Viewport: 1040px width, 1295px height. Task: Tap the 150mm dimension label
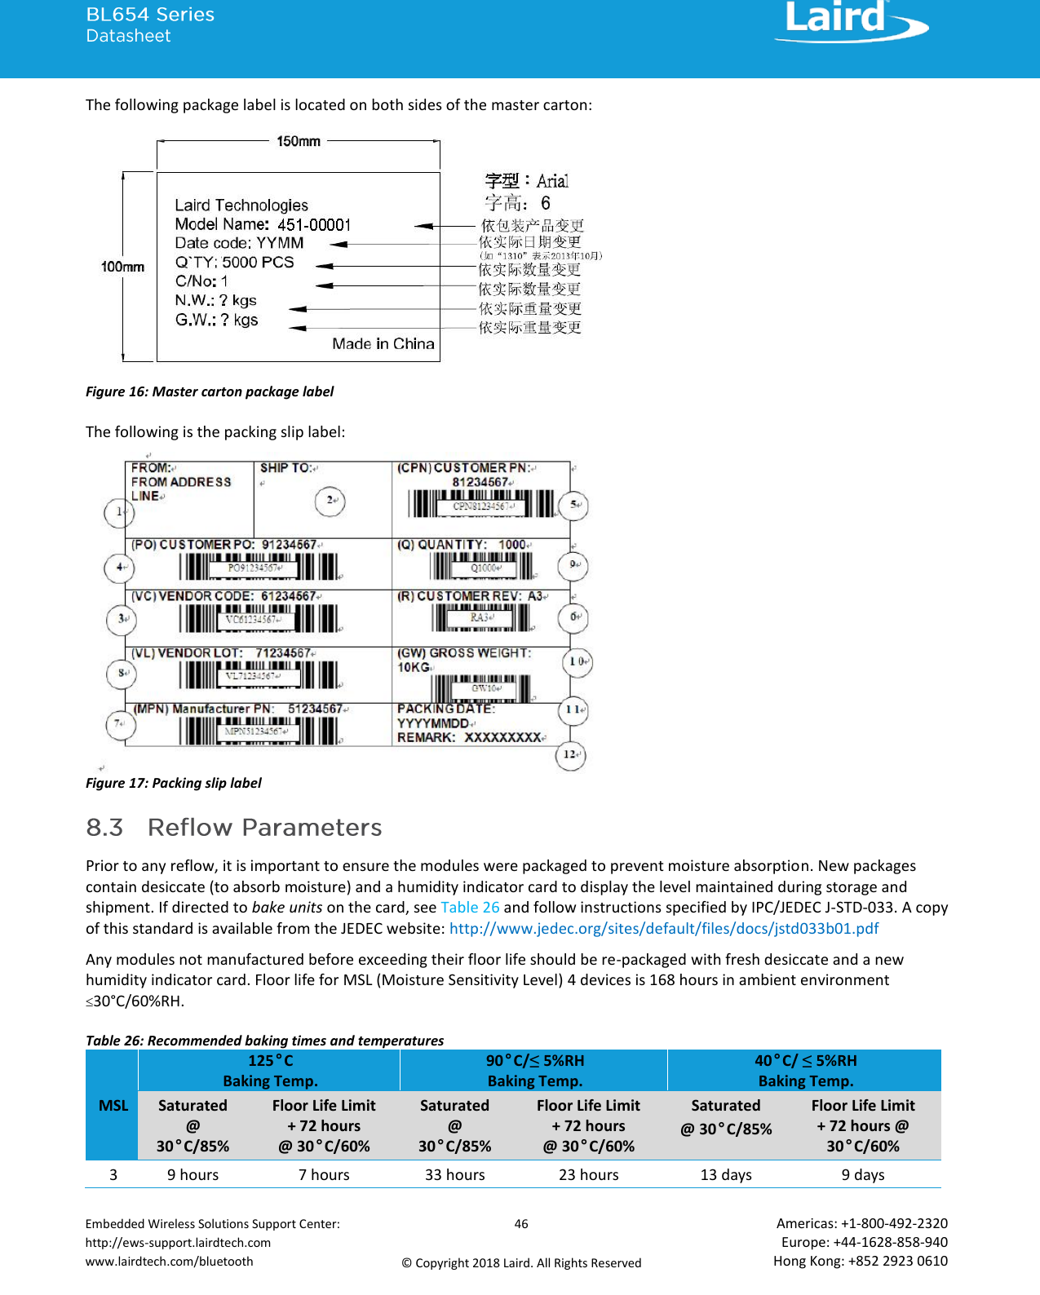(x=299, y=141)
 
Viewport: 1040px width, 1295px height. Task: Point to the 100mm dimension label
(x=122, y=267)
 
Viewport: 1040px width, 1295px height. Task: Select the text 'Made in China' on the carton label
(x=383, y=343)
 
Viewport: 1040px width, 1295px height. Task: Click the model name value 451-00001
(x=314, y=224)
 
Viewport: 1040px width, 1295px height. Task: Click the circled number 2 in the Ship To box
(x=330, y=501)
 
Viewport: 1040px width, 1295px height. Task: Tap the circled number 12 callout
(x=570, y=754)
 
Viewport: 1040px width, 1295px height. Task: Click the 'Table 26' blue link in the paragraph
(x=470, y=907)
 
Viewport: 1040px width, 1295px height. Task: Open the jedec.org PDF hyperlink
(x=663, y=928)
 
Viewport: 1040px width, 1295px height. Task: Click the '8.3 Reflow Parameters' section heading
(x=234, y=827)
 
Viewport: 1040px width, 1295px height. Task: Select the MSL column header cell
(x=113, y=1105)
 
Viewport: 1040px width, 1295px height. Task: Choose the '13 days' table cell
(x=726, y=1174)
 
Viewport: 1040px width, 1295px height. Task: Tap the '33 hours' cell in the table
(x=454, y=1174)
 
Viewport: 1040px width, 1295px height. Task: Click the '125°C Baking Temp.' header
(x=270, y=1070)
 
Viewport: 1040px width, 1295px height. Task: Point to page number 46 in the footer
(x=521, y=1223)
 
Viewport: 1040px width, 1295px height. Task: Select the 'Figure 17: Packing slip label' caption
(x=174, y=783)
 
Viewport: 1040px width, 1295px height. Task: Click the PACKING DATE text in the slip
(x=445, y=709)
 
